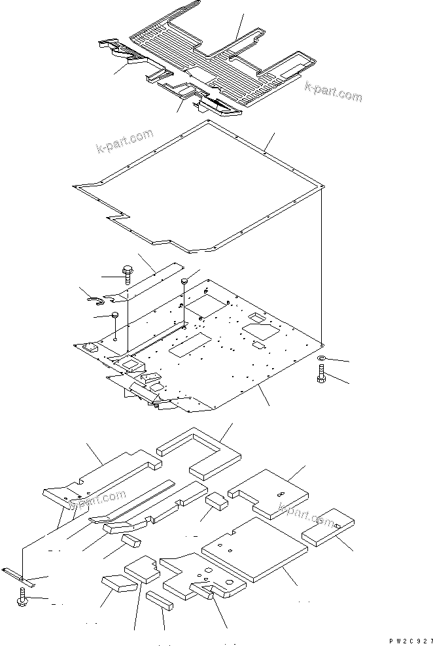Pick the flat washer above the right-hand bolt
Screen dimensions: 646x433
click(x=322, y=359)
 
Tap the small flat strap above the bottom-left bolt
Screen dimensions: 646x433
click(x=18, y=575)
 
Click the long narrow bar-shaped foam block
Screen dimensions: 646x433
click(x=160, y=600)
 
